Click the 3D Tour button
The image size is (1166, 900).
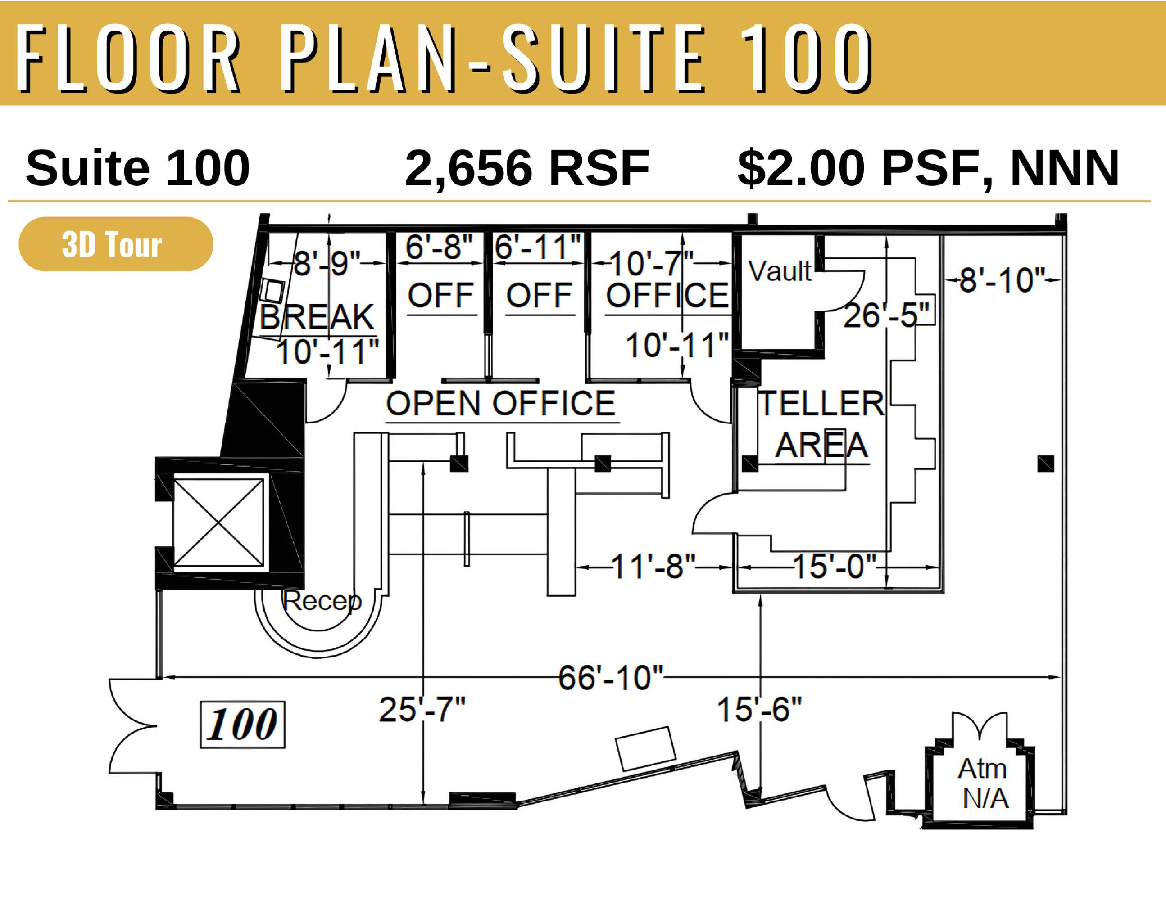pyautogui.click(x=115, y=244)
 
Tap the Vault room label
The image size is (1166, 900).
pyautogui.click(x=780, y=270)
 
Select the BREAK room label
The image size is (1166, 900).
pyautogui.click(x=317, y=317)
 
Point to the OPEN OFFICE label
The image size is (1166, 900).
pyautogui.click(x=501, y=403)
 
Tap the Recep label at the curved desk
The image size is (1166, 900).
pyautogui.click(x=322, y=601)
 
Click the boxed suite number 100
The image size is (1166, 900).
pyautogui.click(x=242, y=724)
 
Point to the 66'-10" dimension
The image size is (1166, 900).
pyautogui.click(x=610, y=678)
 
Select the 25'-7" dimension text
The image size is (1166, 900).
pyautogui.click(x=422, y=710)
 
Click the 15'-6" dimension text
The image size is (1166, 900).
pyautogui.click(x=759, y=710)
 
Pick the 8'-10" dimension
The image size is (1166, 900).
pyautogui.click(x=1002, y=280)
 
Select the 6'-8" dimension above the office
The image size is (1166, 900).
pyautogui.click(x=439, y=247)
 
